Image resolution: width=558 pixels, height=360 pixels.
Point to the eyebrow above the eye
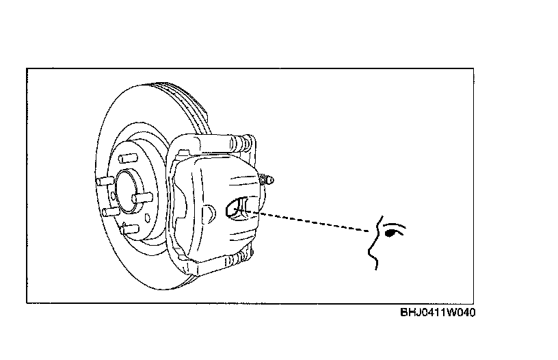click(x=393, y=224)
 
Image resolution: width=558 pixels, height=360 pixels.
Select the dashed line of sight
click(x=308, y=223)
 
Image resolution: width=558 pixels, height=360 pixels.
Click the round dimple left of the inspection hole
click(x=211, y=211)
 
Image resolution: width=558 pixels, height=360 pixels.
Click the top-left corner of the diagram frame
click(x=27, y=68)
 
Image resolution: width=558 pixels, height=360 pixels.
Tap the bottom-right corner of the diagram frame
click(x=474, y=303)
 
